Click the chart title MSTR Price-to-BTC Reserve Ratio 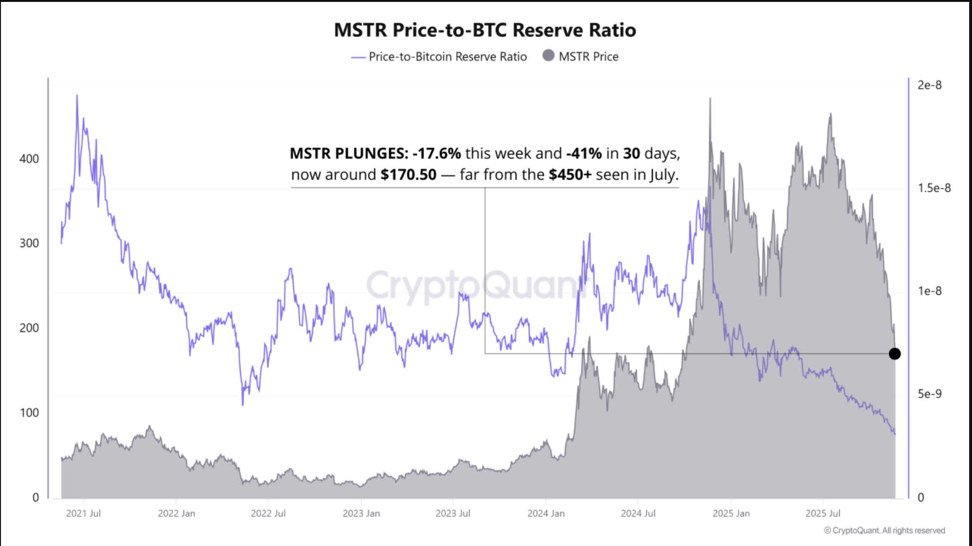[485, 30]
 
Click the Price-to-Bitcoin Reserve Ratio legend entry [447, 57]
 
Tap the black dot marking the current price [894, 353]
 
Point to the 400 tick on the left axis [29, 159]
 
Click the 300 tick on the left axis [29, 243]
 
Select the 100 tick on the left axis [29, 413]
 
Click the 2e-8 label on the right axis [929, 85]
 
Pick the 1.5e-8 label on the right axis [934, 188]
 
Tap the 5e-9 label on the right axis [929, 394]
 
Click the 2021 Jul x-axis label [83, 513]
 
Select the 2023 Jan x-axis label [361, 513]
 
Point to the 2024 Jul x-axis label [638, 513]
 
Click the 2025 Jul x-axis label [823, 513]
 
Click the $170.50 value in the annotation [408, 175]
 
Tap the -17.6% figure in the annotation [436, 153]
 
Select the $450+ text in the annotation [570, 175]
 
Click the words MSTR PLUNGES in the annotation [348, 153]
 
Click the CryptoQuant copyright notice [884, 530]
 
